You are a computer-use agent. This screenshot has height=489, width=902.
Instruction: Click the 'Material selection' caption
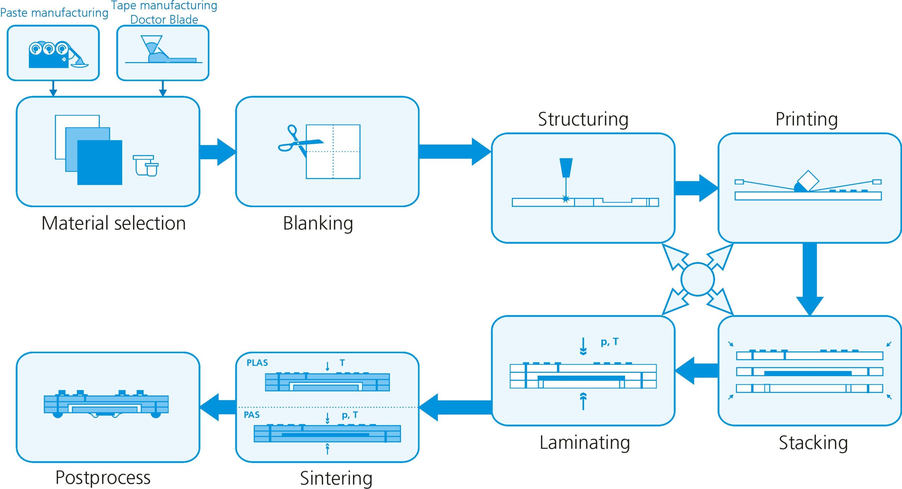point(113,223)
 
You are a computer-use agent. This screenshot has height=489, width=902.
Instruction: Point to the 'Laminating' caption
point(585,443)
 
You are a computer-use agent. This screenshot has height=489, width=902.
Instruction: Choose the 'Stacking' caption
point(813,443)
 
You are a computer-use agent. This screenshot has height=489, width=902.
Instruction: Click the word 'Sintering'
point(336,478)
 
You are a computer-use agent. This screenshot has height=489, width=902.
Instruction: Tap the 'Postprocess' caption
point(103,477)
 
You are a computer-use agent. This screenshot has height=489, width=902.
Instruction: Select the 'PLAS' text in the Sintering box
point(257,363)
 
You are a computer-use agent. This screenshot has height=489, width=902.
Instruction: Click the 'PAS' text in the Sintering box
point(252,415)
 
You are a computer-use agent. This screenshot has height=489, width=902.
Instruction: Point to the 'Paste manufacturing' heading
point(54,13)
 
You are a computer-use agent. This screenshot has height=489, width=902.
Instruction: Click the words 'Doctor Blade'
point(164,19)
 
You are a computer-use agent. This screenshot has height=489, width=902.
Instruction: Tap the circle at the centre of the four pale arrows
point(698,279)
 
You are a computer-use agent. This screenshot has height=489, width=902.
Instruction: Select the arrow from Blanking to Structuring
point(455,151)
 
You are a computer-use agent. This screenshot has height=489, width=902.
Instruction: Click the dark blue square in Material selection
point(100,162)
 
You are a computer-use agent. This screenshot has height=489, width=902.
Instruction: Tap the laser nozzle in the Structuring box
point(566,168)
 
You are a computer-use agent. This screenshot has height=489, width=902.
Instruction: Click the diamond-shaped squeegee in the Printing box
point(808,181)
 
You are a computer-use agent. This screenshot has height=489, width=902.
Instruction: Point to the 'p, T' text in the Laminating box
point(610,342)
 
